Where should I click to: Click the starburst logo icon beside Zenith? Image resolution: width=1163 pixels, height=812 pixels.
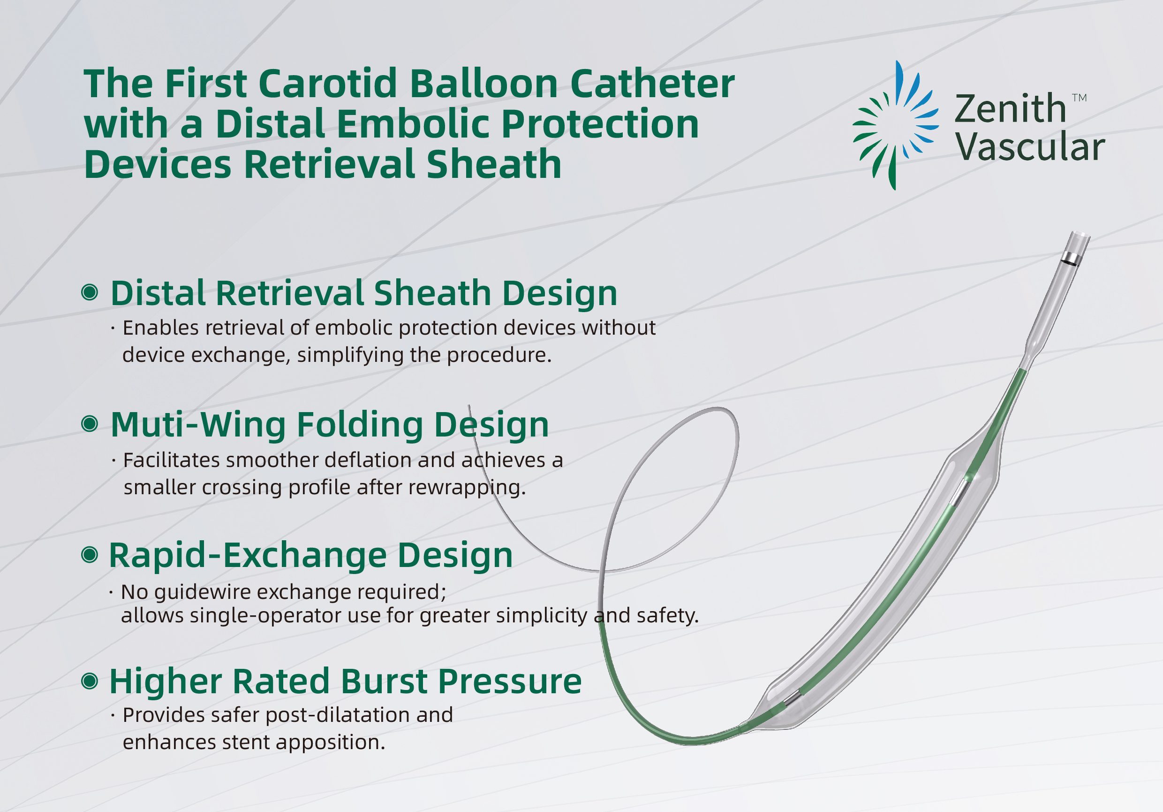pyautogui.click(x=895, y=126)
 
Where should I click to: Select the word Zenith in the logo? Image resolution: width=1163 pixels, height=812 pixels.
pyautogui.click(x=1010, y=109)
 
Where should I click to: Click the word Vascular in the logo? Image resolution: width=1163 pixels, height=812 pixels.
pyautogui.click(x=1030, y=147)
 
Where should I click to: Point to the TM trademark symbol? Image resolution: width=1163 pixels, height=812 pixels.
pyautogui.click(x=1080, y=98)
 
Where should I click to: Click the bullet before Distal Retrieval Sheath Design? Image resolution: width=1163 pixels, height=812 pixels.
pyautogui.click(x=90, y=292)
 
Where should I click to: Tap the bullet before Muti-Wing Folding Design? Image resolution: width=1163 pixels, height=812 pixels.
pyautogui.click(x=90, y=424)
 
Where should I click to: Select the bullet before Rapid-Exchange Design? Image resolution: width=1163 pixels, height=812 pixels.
pyautogui.click(x=90, y=554)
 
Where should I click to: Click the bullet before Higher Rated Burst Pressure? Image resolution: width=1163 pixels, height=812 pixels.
pyautogui.click(x=90, y=681)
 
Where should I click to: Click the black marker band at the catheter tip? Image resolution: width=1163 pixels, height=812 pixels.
pyautogui.click(x=1071, y=262)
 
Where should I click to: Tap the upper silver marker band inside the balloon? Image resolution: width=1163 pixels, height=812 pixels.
pyautogui.click(x=959, y=493)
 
